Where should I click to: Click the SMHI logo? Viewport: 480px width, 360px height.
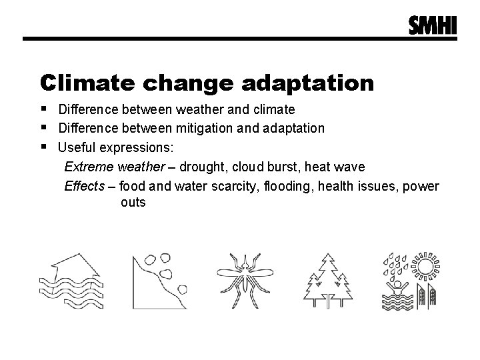tap(433, 25)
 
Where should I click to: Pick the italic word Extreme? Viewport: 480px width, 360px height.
tap(89, 165)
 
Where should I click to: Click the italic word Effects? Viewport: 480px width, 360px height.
tap(85, 185)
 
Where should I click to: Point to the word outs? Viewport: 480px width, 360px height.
tap(133, 202)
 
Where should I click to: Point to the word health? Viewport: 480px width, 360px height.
tap(335, 185)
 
